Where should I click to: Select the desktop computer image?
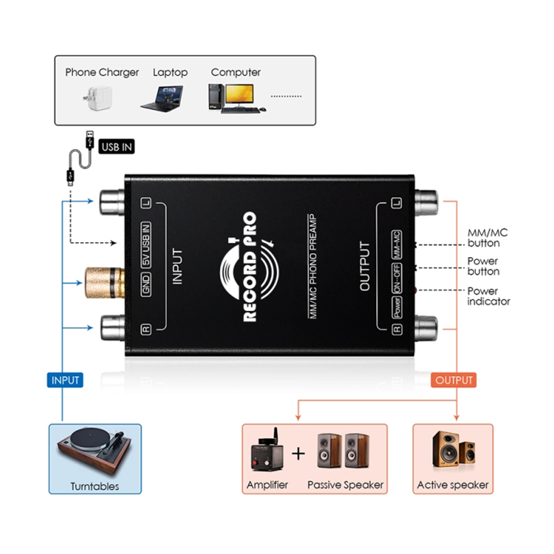233,99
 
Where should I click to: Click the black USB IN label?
117,147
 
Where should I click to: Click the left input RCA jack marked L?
114,203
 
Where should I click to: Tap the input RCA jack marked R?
114,328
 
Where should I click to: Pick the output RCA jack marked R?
425,328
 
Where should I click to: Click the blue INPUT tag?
65,381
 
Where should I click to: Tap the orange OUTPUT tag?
454,381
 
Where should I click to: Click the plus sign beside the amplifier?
299,454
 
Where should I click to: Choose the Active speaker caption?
453,485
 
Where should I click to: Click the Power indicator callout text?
488,296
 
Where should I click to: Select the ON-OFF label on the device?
397,278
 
